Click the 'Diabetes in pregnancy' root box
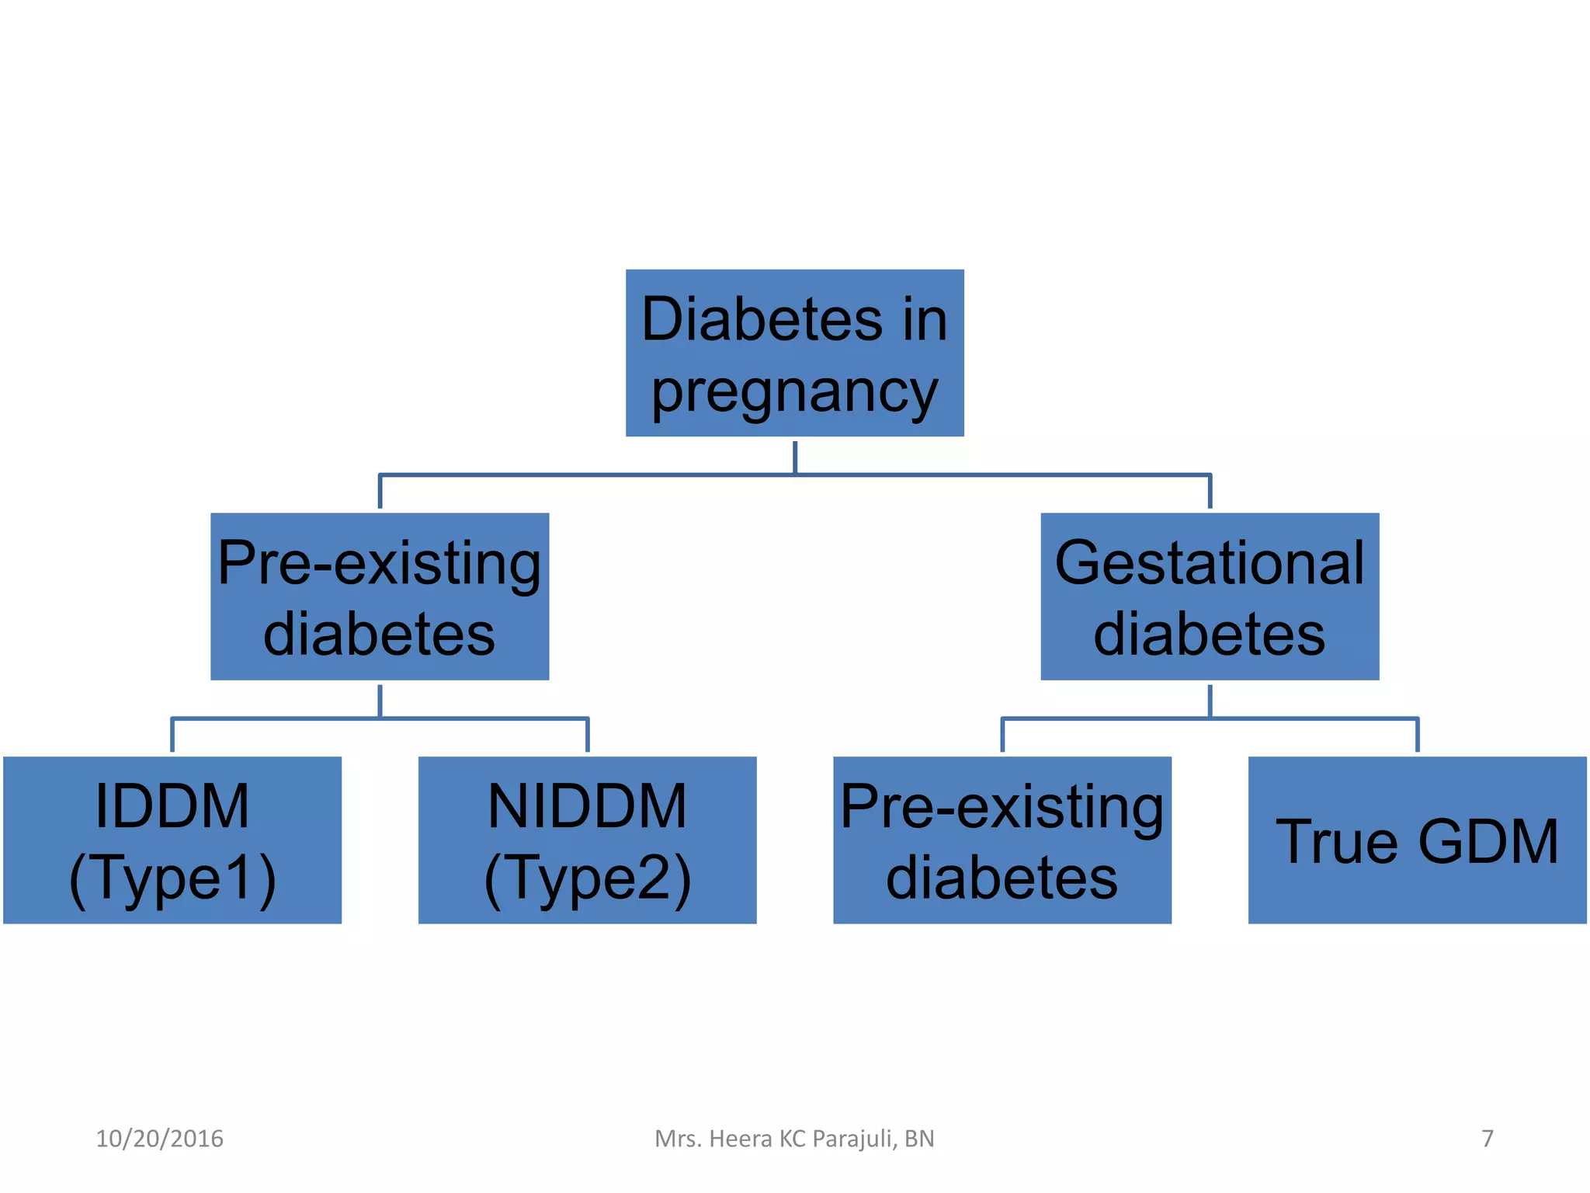point(794,353)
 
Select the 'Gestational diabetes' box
point(1209,596)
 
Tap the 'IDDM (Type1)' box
point(172,840)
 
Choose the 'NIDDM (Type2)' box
point(587,840)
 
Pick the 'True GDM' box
point(1417,840)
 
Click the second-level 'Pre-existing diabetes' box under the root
point(380,596)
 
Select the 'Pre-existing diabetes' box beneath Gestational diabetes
point(1002,840)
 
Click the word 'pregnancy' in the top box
point(794,393)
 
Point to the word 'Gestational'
point(1209,562)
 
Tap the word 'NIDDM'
point(587,806)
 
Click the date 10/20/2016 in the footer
point(159,1139)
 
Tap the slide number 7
point(1487,1139)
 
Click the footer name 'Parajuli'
point(855,1139)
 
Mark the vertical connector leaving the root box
point(794,456)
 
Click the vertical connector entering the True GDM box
point(1417,736)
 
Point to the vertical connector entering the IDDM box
point(172,736)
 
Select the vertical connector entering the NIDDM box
point(587,736)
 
